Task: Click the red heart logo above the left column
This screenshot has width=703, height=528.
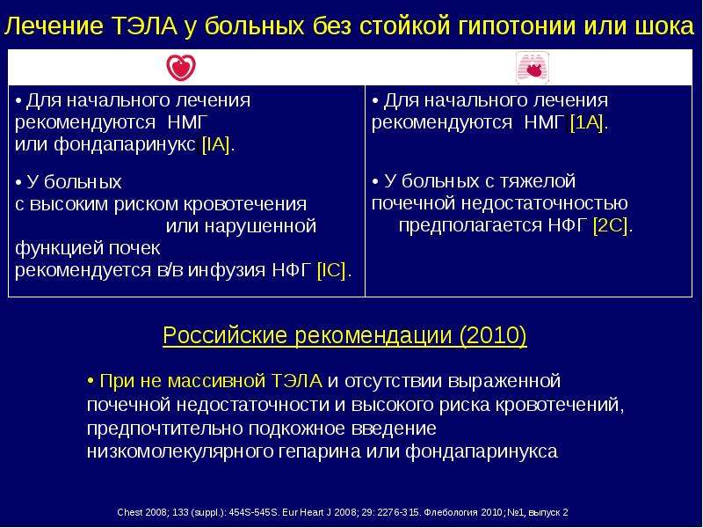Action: point(181,68)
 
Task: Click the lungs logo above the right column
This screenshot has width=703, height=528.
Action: point(533,68)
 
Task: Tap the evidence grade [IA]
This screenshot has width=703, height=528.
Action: point(215,145)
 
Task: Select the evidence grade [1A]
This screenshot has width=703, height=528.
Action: point(586,122)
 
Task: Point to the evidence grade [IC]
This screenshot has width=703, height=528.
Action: point(331,270)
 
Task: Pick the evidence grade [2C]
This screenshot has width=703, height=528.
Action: point(610,225)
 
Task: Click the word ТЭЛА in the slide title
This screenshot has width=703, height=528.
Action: point(145,26)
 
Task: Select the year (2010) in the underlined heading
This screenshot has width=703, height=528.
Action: point(493,335)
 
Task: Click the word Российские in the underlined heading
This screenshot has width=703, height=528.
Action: point(225,335)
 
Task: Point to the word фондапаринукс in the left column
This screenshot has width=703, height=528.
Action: point(124,145)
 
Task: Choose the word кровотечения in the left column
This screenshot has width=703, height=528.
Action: point(245,205)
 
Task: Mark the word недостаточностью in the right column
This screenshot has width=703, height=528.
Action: point(544,204)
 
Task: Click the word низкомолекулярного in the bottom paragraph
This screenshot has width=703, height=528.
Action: point(179,451)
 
